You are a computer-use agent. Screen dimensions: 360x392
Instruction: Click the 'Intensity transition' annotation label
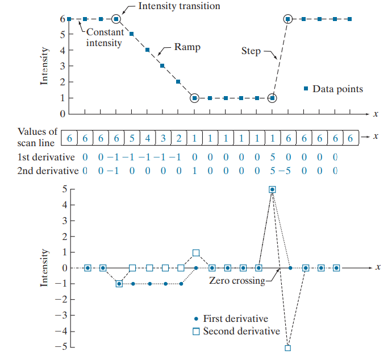(x=179, y=6)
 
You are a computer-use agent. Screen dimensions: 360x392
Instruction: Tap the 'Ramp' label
(x=187, y=47)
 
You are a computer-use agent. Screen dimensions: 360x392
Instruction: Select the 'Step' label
(x=251, y=51)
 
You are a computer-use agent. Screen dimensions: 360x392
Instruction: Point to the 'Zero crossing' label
(x=236, y=280)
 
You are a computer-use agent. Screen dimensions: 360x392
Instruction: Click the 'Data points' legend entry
(x=337, y=89)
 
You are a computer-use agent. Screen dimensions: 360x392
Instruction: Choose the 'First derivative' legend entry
(x=235, y=319)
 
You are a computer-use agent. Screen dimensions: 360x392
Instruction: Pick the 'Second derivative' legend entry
(x=241, y=332)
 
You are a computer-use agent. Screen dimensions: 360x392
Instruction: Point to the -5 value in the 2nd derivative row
(x=284, y=171)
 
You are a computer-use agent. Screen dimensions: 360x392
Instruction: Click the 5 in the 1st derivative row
(x=273, y=156)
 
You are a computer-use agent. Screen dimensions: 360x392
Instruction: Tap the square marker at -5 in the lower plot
(x=287, y=348)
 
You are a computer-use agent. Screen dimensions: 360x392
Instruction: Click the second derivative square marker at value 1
(x=196, y=253)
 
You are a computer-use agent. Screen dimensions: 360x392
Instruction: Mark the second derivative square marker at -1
(x=119, y=283)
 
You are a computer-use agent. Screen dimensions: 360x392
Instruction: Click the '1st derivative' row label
(x=45, y=156)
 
